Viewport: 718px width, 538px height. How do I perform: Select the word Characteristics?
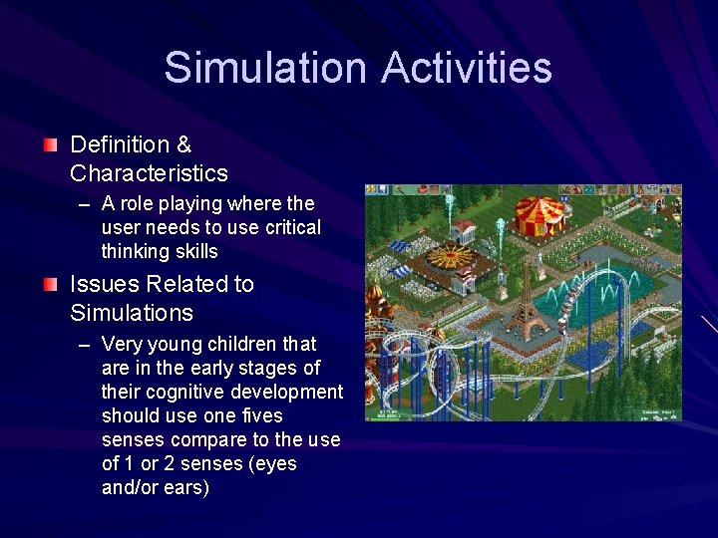coord(149,173)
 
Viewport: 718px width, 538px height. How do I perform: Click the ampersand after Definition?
coord(183,144)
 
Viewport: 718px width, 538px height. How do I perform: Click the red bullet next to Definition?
coord(50,145)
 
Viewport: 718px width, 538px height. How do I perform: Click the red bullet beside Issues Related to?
coord(50,285)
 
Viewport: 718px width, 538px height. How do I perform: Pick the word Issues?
coord(101,284)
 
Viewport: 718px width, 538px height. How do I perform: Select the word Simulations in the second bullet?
coord(132,313)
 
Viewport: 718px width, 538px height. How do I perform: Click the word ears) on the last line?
coord(186,487)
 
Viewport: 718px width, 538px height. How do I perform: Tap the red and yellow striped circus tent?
coord(538,213)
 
